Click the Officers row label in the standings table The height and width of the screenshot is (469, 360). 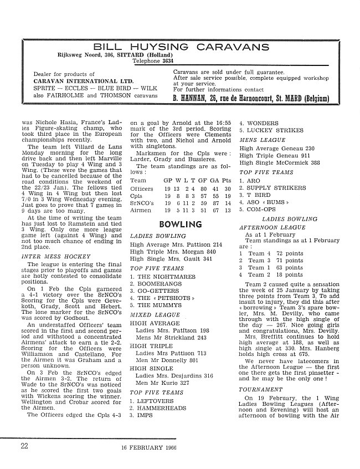141,189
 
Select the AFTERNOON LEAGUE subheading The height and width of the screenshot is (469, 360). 269,227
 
